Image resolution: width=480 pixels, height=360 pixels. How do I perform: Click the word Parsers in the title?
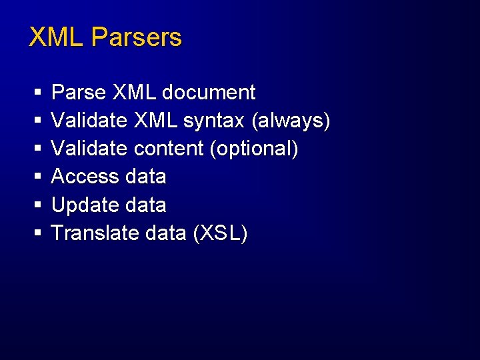pyautogui.click(x=137, y=37)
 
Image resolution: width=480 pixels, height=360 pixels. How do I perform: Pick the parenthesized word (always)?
pyautogui.click(x=291, y=121)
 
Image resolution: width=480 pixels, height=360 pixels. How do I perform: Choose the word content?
pyautogui.click(x=169, y=149)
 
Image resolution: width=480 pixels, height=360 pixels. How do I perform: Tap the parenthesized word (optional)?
pyautogui.click(x=254, y=149)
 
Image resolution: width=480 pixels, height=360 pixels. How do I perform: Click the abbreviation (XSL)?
pyautogui.click(x=219, y=234)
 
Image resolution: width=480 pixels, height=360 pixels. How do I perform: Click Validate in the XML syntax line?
pyautogui.click(x=89, y=121)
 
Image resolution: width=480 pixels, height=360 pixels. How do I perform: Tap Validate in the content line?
pyautogui.click(x=89, y=149)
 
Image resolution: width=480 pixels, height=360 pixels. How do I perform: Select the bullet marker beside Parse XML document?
pyautogui.click(x=37, y=93)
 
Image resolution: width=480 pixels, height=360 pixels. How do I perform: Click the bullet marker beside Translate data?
pyautogui.click(x=37, y=235)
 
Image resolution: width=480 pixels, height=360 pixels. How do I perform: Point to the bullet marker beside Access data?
pyautogui.click(x=37, y=178)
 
